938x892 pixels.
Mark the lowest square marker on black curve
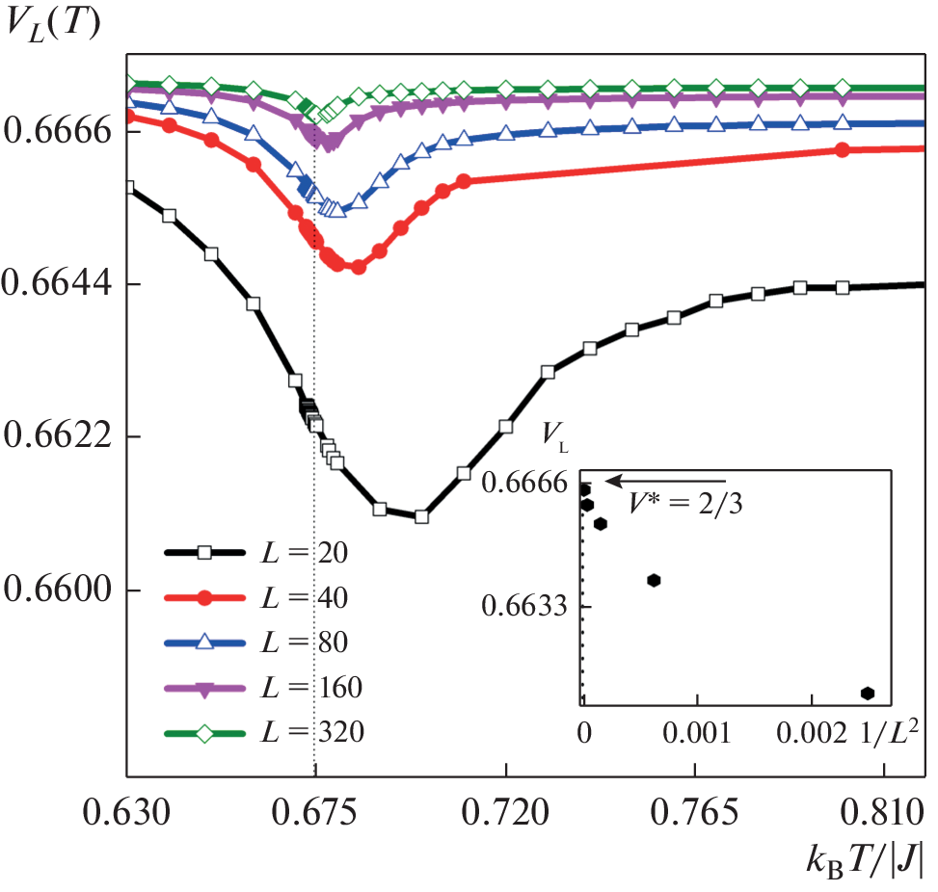coord(421,517)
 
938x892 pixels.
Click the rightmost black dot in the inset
coord(868,693)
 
